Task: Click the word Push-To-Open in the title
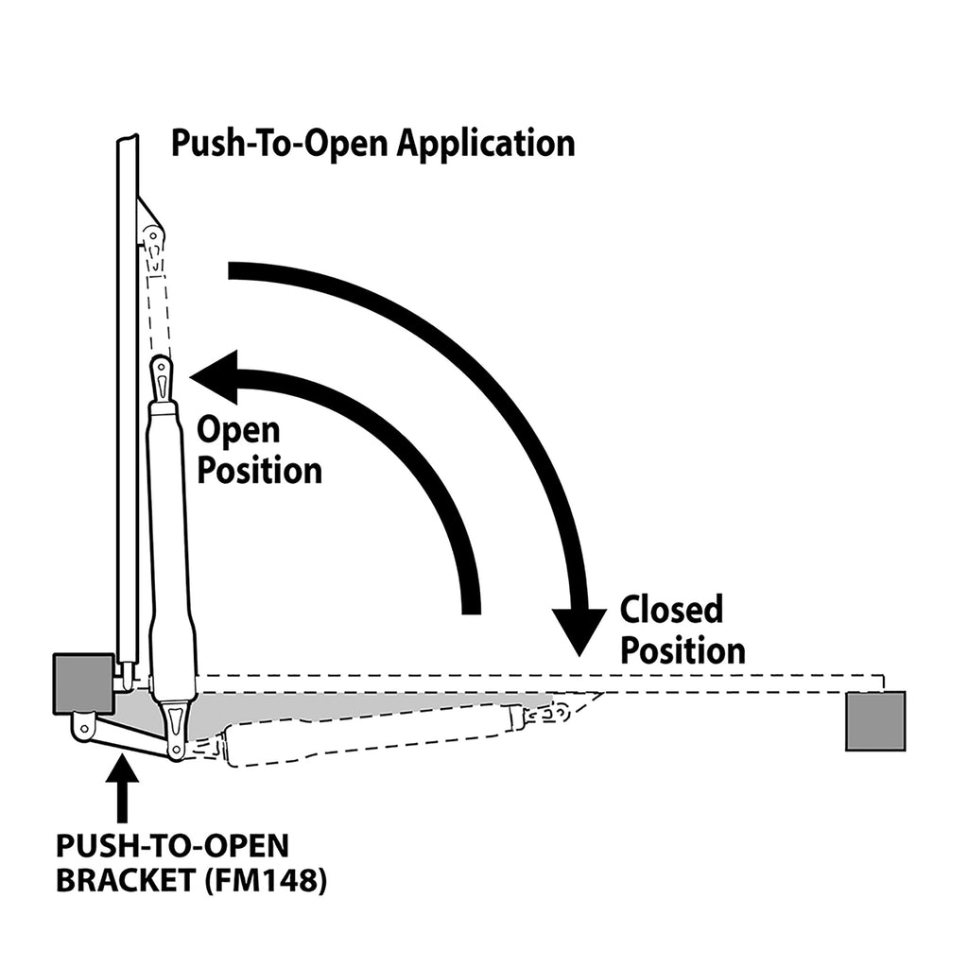280,143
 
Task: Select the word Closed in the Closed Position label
671,610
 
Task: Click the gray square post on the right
874,720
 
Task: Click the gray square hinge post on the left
83,683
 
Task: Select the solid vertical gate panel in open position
127,397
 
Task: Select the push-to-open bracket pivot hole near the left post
83,727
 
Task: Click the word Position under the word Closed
683,650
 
